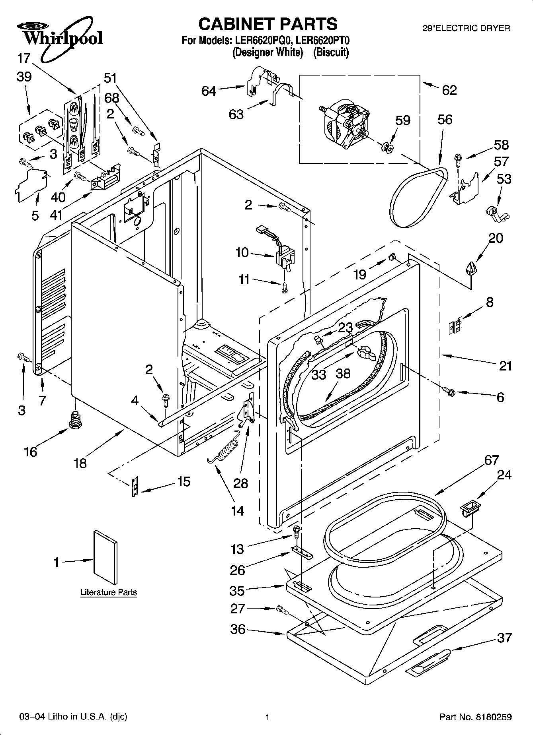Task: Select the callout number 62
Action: (x=449, y=90)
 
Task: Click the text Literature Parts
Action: (x=109, y=592)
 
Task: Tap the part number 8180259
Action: (x=493, y=717)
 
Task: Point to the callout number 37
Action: (x=504, y=638)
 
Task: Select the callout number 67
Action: (x=492, y=460)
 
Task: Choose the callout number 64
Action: (x=209, y=91)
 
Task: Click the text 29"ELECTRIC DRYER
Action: (x=466, y=28)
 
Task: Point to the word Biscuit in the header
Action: (x=331, y=52)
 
